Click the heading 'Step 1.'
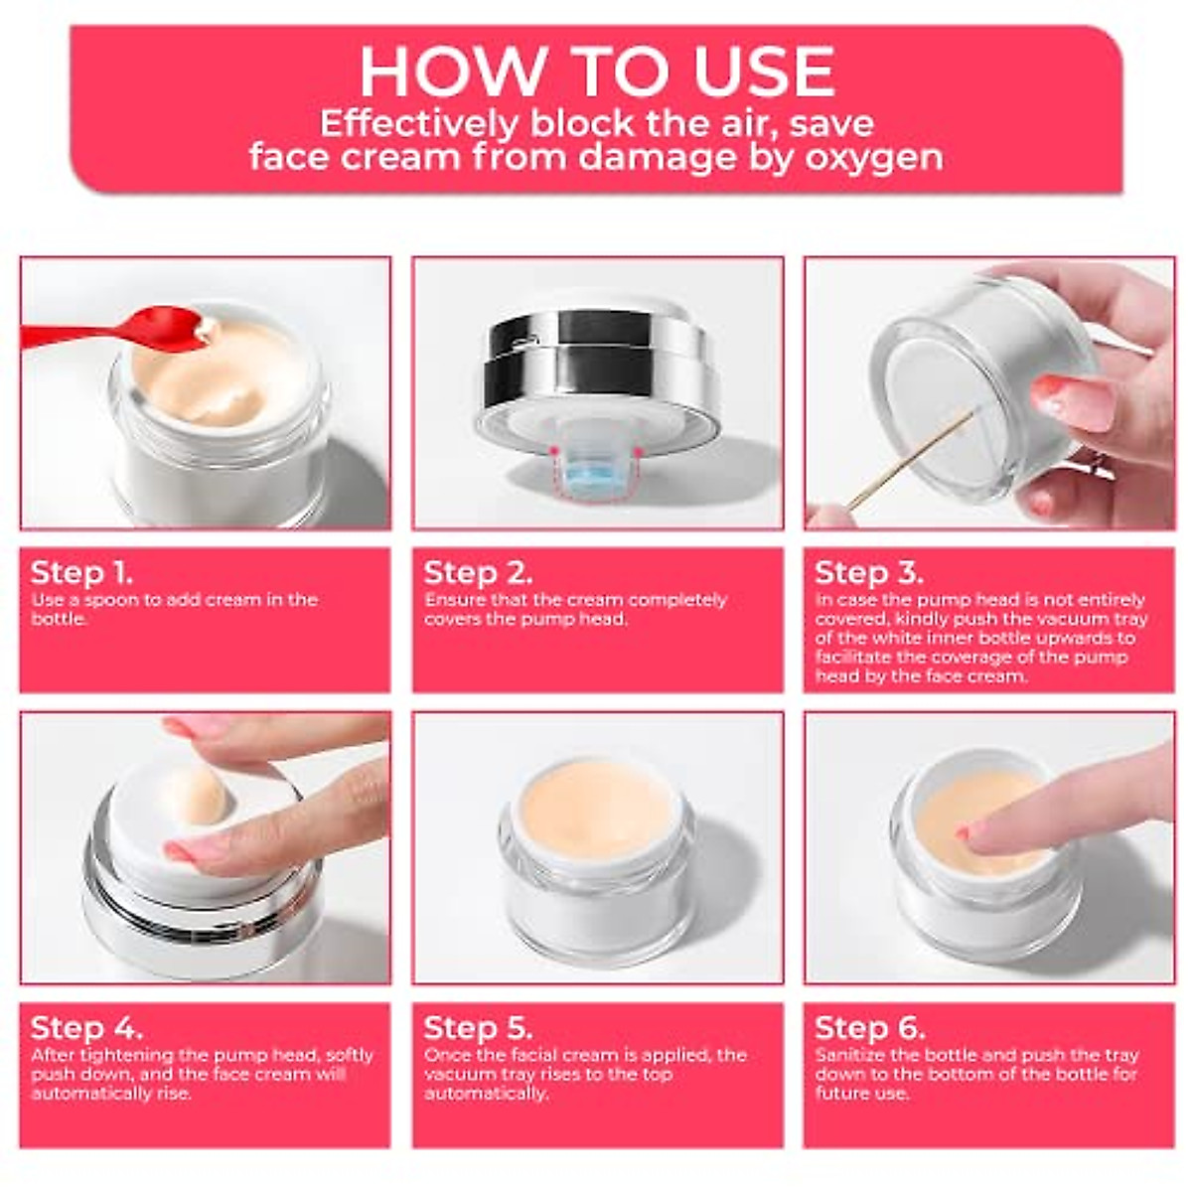pyautogui.click(x=81, y=573)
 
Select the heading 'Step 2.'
pyautogui.click(x=478, y=573)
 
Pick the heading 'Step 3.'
pyautogui.click(x=868, y=573)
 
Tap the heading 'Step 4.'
pyautogui.click(x=86, y=1028)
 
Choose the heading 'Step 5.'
pyautogui.click(x=478, y=1028)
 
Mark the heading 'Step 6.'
pyautogui.click(x=870, y=1028)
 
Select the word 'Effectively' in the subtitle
pyautogui.click(x=419, y=124)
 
